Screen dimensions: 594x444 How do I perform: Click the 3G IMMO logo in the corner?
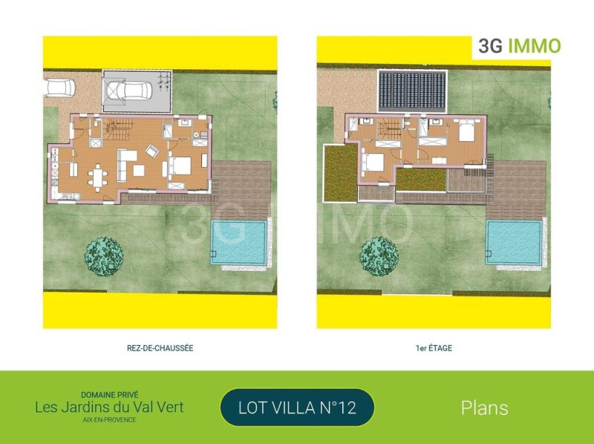519,46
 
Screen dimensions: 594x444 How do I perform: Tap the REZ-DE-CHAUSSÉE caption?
160,348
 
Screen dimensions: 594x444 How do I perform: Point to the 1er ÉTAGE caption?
434,348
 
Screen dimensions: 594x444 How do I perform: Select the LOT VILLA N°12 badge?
297,408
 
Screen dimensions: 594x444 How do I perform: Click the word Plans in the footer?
485,408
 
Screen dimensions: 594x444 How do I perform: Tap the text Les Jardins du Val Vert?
109,408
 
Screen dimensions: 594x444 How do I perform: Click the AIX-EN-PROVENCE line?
109,419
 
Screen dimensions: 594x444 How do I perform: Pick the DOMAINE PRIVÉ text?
109,395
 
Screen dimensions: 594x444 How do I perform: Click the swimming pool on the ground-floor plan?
238,243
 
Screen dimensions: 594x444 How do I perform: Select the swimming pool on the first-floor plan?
514,243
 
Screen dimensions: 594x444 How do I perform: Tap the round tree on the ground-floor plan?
104,256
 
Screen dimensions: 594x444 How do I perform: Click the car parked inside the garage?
128,91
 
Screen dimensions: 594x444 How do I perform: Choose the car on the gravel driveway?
59,88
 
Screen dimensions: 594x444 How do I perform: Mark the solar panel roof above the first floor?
412,91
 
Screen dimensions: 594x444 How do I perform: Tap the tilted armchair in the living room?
152,151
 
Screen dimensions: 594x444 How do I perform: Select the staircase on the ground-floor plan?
119,128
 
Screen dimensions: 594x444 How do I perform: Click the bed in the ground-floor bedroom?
180,166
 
